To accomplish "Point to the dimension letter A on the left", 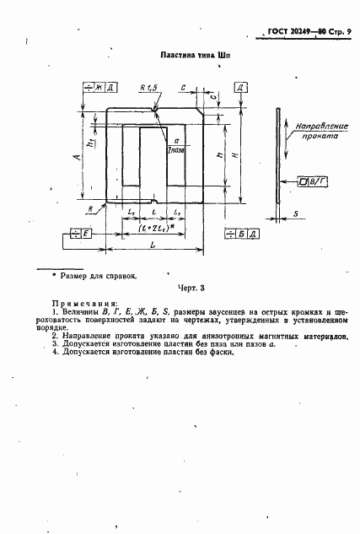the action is pyautogui.click(x=78, y=158).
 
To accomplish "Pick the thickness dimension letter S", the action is pyautogui.click(x=296, y=213).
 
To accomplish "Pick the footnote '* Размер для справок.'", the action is pyautogui.click(x=98, y=274).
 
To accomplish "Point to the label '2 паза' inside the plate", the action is pyautogui.click(x=177, y=148).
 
